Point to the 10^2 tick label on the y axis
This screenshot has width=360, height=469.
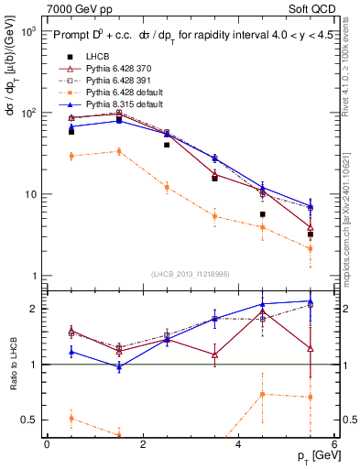point(27,113)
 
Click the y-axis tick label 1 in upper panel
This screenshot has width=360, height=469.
point(32,276)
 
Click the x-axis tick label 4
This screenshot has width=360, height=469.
point(238,444)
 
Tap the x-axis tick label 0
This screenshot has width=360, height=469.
point(47,444)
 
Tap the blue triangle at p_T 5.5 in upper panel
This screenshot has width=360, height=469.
point(311,206)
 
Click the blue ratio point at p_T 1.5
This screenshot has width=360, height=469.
point(119,366)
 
